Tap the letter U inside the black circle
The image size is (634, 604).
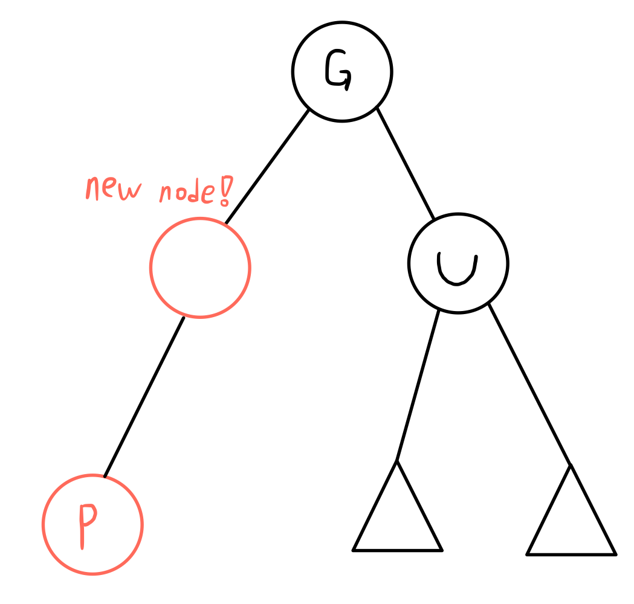pos(458,269)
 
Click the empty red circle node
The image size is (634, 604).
pos(200,268)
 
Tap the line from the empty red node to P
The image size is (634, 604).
pos(144,396)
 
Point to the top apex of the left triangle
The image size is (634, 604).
pos(397,462)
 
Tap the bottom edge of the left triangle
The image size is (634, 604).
pos(398,550)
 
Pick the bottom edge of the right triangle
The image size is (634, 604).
pos(571,553)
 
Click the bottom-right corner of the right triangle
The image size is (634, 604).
pos(615,553)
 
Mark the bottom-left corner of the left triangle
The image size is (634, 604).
pos(354,550)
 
